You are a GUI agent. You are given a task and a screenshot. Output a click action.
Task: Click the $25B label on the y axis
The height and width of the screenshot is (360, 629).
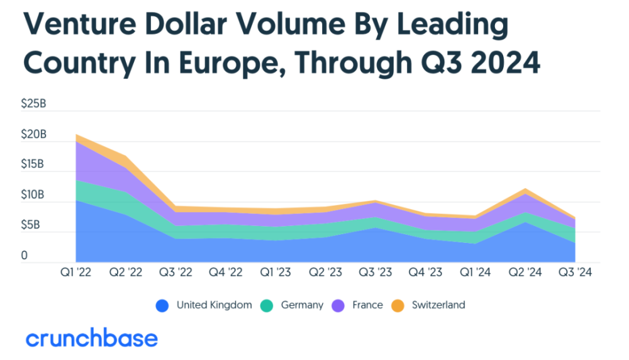point(34,104)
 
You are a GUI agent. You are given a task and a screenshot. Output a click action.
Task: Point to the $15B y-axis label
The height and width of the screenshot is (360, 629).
point(33,164)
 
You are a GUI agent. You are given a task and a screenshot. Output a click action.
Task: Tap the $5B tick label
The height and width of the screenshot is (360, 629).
point(30,225)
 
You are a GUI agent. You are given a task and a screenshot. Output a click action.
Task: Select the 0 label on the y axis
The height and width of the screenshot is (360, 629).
point(24,256)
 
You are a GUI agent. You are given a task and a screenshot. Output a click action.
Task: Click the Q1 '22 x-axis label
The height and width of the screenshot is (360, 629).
point(76,272)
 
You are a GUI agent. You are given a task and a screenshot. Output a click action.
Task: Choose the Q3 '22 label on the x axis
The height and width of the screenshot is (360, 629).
point(175,272)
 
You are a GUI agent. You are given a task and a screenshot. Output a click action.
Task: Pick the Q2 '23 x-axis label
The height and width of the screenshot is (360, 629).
point(325,272)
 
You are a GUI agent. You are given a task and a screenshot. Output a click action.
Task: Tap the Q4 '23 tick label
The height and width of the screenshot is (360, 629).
point(425,272)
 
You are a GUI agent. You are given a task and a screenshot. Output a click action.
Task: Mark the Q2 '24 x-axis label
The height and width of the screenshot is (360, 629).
point(525,272)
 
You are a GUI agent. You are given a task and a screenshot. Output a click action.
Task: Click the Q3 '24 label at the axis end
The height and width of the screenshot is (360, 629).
point(576,272)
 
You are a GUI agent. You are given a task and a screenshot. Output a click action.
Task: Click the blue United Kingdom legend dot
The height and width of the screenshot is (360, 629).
point(162,306)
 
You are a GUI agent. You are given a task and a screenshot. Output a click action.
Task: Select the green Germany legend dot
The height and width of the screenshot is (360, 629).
point(267,306)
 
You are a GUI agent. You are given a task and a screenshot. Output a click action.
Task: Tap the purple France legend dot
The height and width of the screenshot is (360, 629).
point(338,306)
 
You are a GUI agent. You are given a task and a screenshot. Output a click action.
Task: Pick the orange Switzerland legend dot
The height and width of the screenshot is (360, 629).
point(398,306)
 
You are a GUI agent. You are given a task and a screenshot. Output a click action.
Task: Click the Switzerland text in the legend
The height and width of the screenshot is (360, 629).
point(438,305)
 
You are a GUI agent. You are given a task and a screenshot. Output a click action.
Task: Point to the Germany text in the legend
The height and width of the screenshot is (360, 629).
point(302,305)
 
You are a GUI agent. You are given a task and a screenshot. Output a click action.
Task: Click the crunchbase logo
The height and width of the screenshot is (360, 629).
point(92,337)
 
